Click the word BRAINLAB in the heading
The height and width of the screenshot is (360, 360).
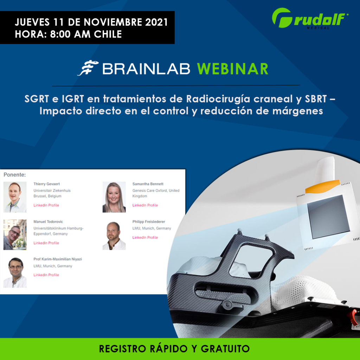point(146,69)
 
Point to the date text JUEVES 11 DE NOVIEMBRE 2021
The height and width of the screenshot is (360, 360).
point(91,23)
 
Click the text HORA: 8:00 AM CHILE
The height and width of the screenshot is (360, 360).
point(68,34)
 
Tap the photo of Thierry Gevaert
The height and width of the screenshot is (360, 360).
point(15,197)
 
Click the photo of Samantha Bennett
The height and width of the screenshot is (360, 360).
point(114,197)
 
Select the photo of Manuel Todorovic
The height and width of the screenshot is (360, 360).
point(15,234)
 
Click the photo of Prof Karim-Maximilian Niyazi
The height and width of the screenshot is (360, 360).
point(15,272)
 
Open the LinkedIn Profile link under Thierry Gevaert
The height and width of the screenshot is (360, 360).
point(46,205)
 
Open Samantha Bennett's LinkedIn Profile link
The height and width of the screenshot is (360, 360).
point(145,205)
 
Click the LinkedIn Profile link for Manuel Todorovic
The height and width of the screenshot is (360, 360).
point(46,243)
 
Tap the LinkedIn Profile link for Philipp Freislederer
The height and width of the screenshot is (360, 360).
point(145,238)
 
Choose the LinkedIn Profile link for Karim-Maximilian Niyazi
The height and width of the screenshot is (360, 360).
point(46,275)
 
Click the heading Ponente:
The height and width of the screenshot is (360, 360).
point(15,175)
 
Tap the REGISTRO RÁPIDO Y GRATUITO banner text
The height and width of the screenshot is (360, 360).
point(174,349)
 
